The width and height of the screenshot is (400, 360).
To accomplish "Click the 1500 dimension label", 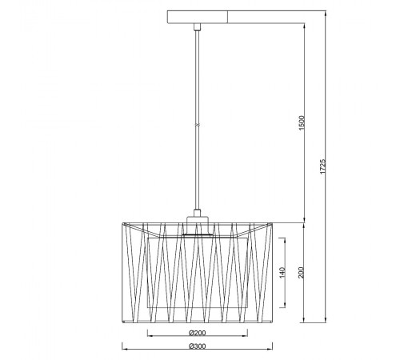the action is coord(302,123).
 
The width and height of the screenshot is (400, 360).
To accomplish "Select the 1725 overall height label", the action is coord(322,166).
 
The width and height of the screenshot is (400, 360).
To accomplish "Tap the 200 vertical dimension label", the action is coord(301,272).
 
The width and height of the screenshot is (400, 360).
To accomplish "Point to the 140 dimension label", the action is coord(282,273).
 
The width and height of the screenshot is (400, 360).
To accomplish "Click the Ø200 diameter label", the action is coord(198,333).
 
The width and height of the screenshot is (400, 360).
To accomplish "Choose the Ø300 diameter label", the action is coord(198,346).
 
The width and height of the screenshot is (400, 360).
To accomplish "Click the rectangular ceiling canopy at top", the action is coord(198,17).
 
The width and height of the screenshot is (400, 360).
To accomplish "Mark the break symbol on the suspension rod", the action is coord(198,125).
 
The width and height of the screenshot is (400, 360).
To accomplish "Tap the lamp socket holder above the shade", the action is coord(198,226).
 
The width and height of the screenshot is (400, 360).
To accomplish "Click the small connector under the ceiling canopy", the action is coord(198,27).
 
